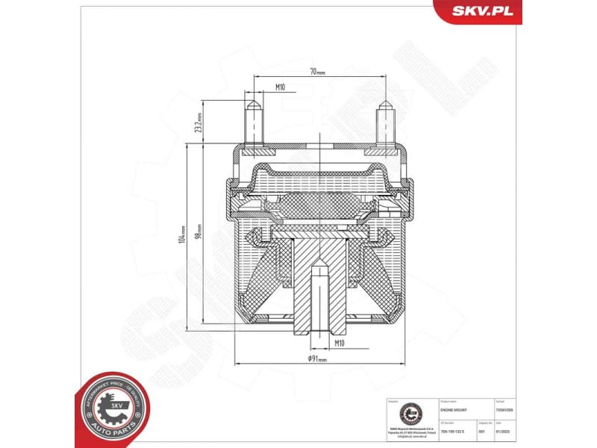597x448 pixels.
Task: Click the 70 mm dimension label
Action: point(318,72)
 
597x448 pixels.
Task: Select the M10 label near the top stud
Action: point(280,87)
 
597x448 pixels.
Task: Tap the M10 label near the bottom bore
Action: point(339,343)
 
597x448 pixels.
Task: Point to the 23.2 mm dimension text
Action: point(199,122)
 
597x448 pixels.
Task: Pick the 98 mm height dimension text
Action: point(198,231)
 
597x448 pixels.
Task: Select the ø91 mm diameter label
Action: point(318,358)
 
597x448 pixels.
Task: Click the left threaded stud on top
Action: point(253,123)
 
